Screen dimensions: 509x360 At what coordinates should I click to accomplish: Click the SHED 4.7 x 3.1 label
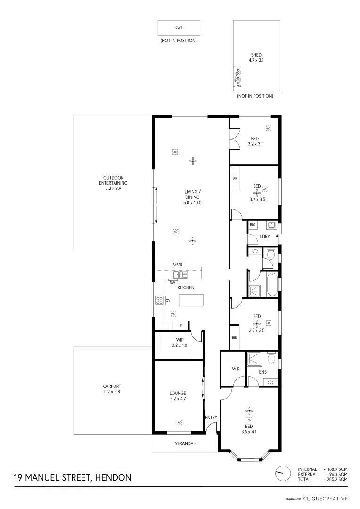[x=256, y=57]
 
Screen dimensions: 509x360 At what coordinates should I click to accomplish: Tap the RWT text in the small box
[x=179, y=28]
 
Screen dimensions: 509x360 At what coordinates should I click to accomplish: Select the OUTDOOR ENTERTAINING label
[x=113, y=183]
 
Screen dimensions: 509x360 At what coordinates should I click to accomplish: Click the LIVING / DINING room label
[x=192, y=197]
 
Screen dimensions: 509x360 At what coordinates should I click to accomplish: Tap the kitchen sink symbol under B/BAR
[x=180, y=274]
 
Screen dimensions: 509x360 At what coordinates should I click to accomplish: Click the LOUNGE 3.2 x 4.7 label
[x=178, y=395]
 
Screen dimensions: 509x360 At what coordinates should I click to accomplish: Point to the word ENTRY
[x=211, y=418]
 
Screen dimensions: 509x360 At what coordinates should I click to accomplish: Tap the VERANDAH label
[x=185, y=444]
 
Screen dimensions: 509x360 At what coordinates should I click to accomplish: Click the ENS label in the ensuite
[x=262, y=372]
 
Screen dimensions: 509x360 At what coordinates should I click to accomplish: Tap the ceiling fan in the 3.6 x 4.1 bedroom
[x=250, y=410]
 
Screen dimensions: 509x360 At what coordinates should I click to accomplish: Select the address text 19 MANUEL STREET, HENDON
[x=73, y=477]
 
